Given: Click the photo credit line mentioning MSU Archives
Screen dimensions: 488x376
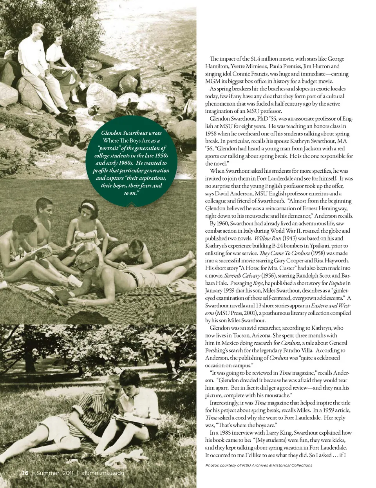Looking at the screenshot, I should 258,465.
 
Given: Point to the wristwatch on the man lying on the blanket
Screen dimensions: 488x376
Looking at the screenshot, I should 83,303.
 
